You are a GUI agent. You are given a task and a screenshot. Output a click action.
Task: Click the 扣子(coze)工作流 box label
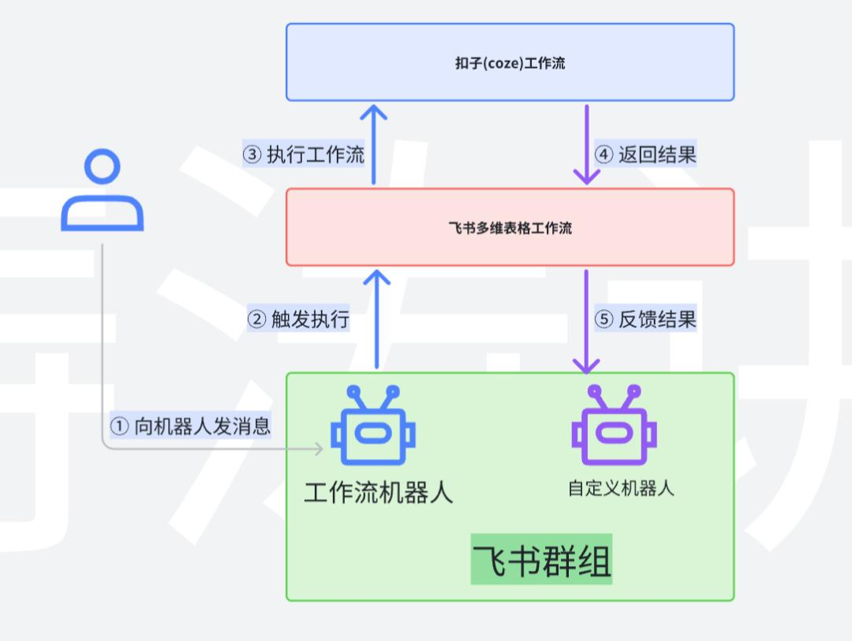[x=510, y=63]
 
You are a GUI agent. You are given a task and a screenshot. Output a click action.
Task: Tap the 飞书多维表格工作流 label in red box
[x=510, y=229]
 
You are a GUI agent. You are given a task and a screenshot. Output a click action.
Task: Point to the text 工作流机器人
[x=379, y=493]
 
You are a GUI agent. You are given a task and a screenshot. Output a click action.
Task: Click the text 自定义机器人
[x=621, y=488]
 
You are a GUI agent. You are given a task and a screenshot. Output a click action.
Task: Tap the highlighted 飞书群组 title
[x=541, y=561]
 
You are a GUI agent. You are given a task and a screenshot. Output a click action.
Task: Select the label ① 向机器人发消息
[x=191, y=427]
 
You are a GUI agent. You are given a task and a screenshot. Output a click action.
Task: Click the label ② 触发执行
[x=298, y=319]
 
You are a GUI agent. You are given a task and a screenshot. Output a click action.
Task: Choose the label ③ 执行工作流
[x=304, y=155]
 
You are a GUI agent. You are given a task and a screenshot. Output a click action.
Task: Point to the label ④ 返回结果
[x=645, y=155]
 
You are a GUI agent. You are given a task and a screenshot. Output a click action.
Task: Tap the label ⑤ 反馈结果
[x=645, y=319]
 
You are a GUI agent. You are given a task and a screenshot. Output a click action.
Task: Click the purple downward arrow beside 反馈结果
[x=586, y=320]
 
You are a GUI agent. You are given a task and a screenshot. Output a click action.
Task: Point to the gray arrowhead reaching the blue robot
[x=319, y=449]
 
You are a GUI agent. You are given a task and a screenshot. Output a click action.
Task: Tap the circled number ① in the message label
[x=119, y=427]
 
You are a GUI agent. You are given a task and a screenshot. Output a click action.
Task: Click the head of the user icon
[x=103, y=169]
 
